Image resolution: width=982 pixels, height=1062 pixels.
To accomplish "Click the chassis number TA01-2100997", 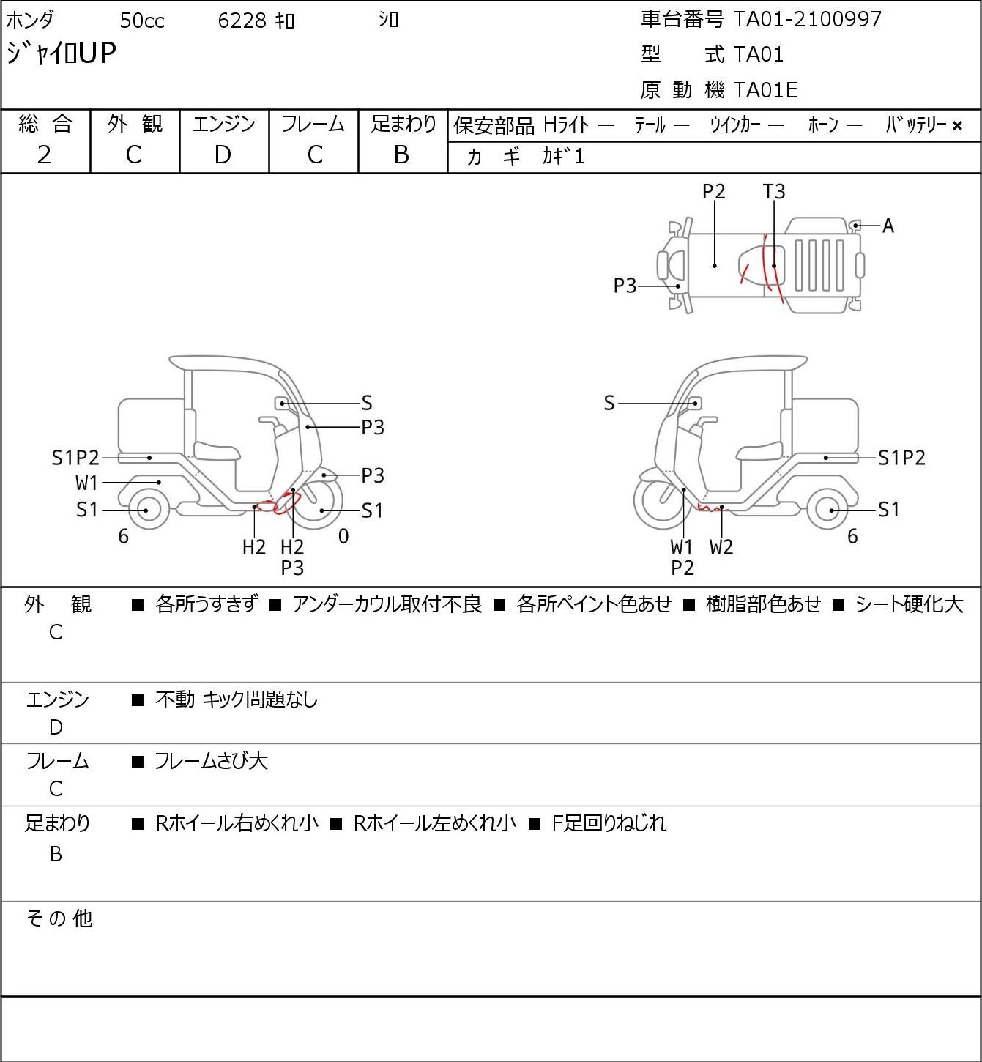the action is [x=807, y=19].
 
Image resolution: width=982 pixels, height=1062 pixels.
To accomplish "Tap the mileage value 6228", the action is [x=242, y=21].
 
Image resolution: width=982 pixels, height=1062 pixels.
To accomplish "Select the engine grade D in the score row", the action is [x=223, y=155].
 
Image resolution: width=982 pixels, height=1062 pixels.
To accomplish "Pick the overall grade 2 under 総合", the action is [x=45, y=155].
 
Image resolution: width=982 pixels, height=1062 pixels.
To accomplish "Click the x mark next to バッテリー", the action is [x=957, y=126].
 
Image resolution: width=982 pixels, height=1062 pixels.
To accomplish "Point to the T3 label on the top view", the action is [x=773, y=191].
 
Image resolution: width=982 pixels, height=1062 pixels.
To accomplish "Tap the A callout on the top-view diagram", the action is [x=888, y=226].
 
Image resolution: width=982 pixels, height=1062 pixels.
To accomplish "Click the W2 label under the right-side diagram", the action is [x=721, y=547].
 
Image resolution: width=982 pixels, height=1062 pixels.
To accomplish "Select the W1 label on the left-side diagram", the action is [x=86, y=483].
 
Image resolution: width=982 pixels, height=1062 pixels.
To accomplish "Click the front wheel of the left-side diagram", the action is [x=319, y=501].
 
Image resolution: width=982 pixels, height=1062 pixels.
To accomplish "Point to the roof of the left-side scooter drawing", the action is [x=225, y=362].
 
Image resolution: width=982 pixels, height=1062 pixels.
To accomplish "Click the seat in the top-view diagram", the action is [x=762, y=265].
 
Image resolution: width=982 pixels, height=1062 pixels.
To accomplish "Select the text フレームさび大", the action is [x=211, y=761].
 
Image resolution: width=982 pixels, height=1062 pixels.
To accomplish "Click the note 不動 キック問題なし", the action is [x=237, y=699].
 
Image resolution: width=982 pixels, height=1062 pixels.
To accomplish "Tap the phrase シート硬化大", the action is [x=909, y=604].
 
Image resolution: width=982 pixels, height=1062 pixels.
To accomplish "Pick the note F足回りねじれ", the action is [x=609, y=823].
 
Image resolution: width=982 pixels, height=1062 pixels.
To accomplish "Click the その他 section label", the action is [x=59, y=918].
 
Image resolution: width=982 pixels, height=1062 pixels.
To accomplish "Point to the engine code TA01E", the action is [x=765, y=90].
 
